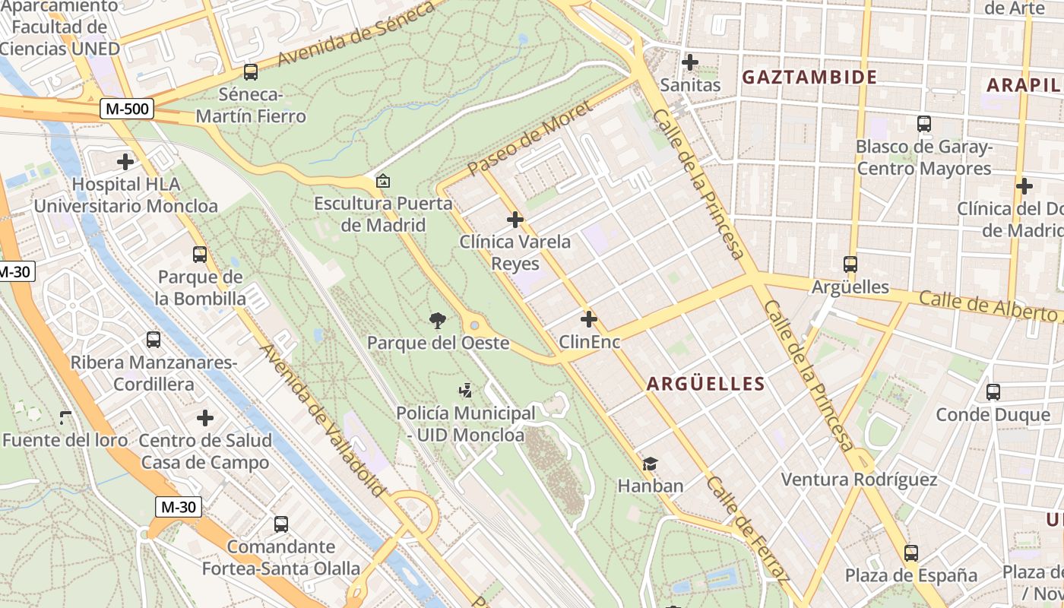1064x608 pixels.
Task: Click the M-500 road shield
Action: [128, 109]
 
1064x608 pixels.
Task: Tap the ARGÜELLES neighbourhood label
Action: [705, 384]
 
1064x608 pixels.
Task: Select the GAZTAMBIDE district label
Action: [809, 77]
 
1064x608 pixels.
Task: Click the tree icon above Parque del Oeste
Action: [437, 321]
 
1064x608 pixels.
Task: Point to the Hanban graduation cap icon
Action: [650, 464]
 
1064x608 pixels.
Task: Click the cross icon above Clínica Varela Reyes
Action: [515, 220]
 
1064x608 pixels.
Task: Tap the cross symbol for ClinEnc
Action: [589, 320]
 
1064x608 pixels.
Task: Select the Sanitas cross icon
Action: [690, 62]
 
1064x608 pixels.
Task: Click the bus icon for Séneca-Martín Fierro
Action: [250, 72]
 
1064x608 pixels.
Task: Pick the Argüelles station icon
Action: [850, 264]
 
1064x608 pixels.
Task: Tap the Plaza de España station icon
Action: [911, 553]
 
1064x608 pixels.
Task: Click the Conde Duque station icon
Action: [993, 392]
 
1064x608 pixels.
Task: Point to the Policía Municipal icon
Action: [465, 391]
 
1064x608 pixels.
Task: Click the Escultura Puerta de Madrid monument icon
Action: [383, 182]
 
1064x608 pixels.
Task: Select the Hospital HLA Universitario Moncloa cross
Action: [125, 162]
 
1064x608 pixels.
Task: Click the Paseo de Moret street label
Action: [530, 138]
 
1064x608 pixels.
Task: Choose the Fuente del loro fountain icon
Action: [65, 418]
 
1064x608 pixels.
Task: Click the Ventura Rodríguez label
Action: [859, 480]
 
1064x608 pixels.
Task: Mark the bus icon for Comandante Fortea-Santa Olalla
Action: [280, 524]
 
